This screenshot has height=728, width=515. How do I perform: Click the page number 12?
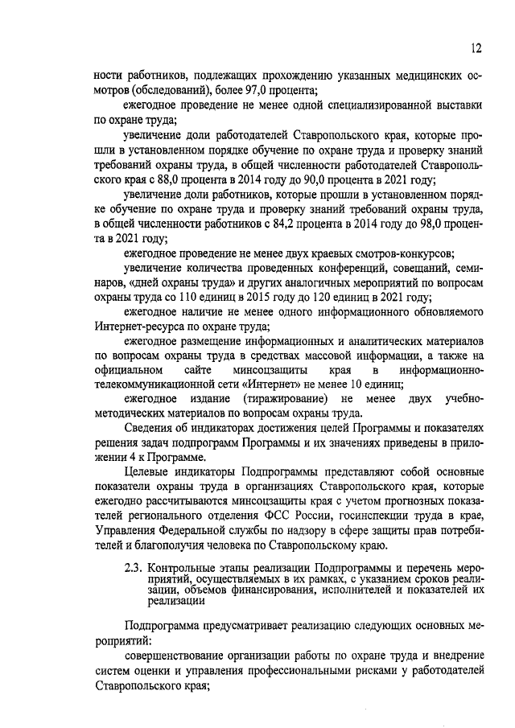[x=476, y=48]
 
